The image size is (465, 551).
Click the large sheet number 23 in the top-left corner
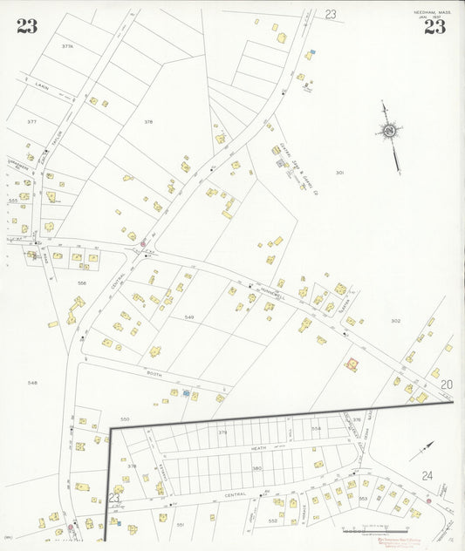click(27, 26)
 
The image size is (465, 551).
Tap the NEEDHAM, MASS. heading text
click(434, 10)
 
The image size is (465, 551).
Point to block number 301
click(339, 173)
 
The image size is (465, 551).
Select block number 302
click(395, 321)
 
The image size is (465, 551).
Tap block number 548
click(32, 383)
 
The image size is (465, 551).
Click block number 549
click(188, 317)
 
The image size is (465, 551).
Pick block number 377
click(32, 122)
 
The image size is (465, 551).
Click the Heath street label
click(258, 448)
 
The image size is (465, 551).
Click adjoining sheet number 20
click(447, 384)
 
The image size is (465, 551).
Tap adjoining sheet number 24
click(427, 475)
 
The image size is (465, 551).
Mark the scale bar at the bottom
click(375, 530)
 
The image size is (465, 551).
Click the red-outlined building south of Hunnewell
click(352, 365)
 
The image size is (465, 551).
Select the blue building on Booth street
click(186, 394)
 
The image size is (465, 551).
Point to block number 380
click(256, 468)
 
